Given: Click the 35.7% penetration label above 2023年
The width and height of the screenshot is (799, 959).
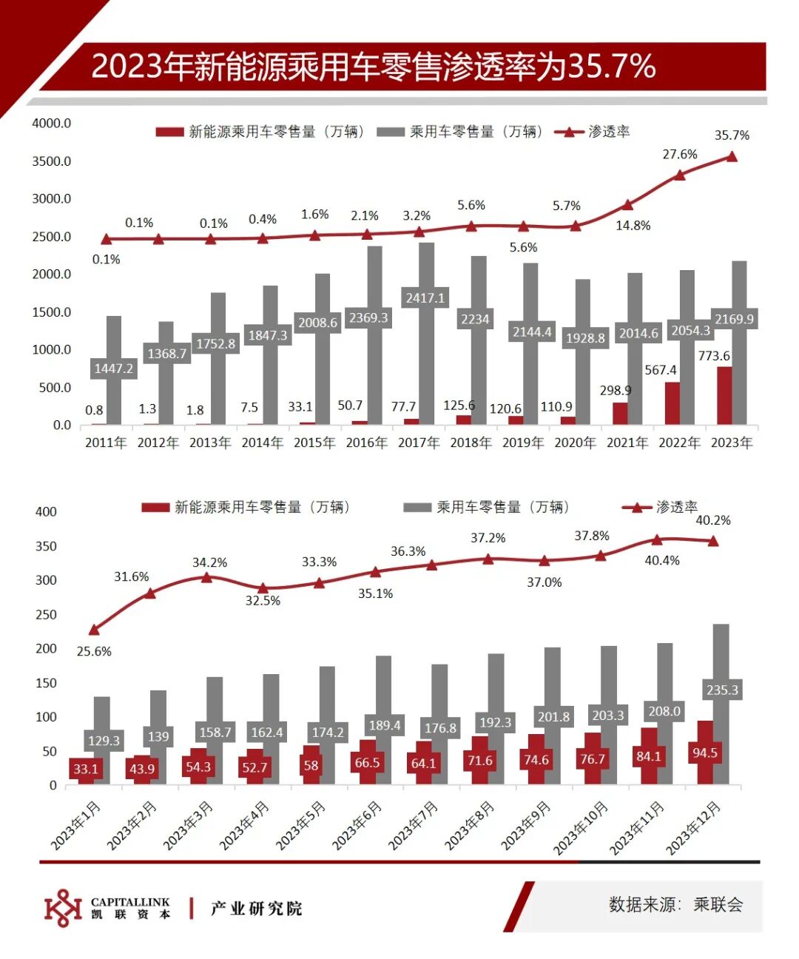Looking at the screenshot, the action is (732, 135).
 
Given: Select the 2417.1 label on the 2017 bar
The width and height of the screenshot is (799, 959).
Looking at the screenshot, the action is (425, 298).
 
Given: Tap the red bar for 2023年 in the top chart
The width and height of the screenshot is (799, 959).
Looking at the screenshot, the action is (724, 395).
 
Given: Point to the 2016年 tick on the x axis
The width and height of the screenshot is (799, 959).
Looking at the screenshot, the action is (366, 443).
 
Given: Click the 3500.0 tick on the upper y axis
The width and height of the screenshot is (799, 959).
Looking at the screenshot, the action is (52, 161).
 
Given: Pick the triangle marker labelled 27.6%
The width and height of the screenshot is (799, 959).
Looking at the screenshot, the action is (680, 175).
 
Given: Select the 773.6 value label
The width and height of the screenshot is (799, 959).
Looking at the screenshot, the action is (714, 356).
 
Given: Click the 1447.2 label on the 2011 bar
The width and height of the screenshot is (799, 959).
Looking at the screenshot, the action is (113, 369).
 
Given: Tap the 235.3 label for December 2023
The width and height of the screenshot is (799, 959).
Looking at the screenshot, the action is (722, 690).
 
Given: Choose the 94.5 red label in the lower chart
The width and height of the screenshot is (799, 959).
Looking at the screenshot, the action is (704, 753).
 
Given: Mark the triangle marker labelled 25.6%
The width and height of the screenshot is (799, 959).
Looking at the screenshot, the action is (94, 630).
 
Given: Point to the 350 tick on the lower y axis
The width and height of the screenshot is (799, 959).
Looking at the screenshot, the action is (46, 546).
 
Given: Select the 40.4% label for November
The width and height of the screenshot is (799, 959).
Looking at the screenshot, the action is (662, 560).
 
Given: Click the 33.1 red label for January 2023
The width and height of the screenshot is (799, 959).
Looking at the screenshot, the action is (86, 768).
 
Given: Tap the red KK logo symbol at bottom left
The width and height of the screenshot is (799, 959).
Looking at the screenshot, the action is (63, 908).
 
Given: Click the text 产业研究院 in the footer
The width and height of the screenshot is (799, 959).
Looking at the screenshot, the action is (256, 909).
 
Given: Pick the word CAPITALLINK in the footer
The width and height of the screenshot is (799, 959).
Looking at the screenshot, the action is (130, 902).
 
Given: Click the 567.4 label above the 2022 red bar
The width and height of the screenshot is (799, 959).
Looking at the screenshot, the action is (661, 370).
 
